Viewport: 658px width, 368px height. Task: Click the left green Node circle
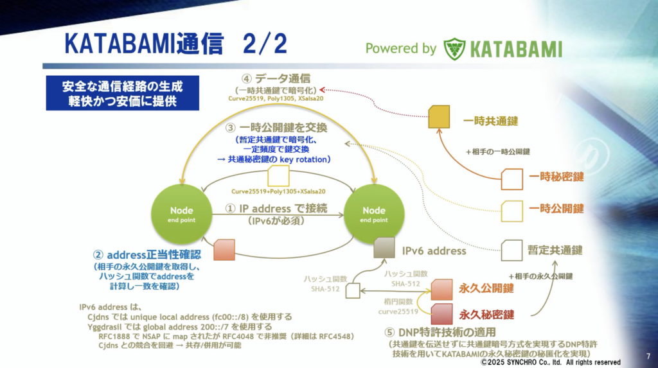pyautogui.click(x=181, y=215)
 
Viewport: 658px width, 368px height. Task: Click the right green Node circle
pyautogui.click(x=374, y=215)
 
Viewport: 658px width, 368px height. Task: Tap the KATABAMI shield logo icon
pyautogui.click(x=454, y=49)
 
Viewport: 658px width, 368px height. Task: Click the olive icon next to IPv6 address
pyautogui.click(x=384, y=249)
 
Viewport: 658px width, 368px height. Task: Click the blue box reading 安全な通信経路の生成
pyautogui.click(x=122, y=93)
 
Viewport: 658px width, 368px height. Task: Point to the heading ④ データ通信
pyautogui.click(x=277, y=79)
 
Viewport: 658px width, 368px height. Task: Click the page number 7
pyautogui.click(x=646, y=355)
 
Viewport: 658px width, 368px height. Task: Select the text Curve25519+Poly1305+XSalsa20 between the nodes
pyautogui.click(x=278, y=191)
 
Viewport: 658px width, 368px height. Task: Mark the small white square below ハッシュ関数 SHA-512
pyautogui.click(x=353, y=291)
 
